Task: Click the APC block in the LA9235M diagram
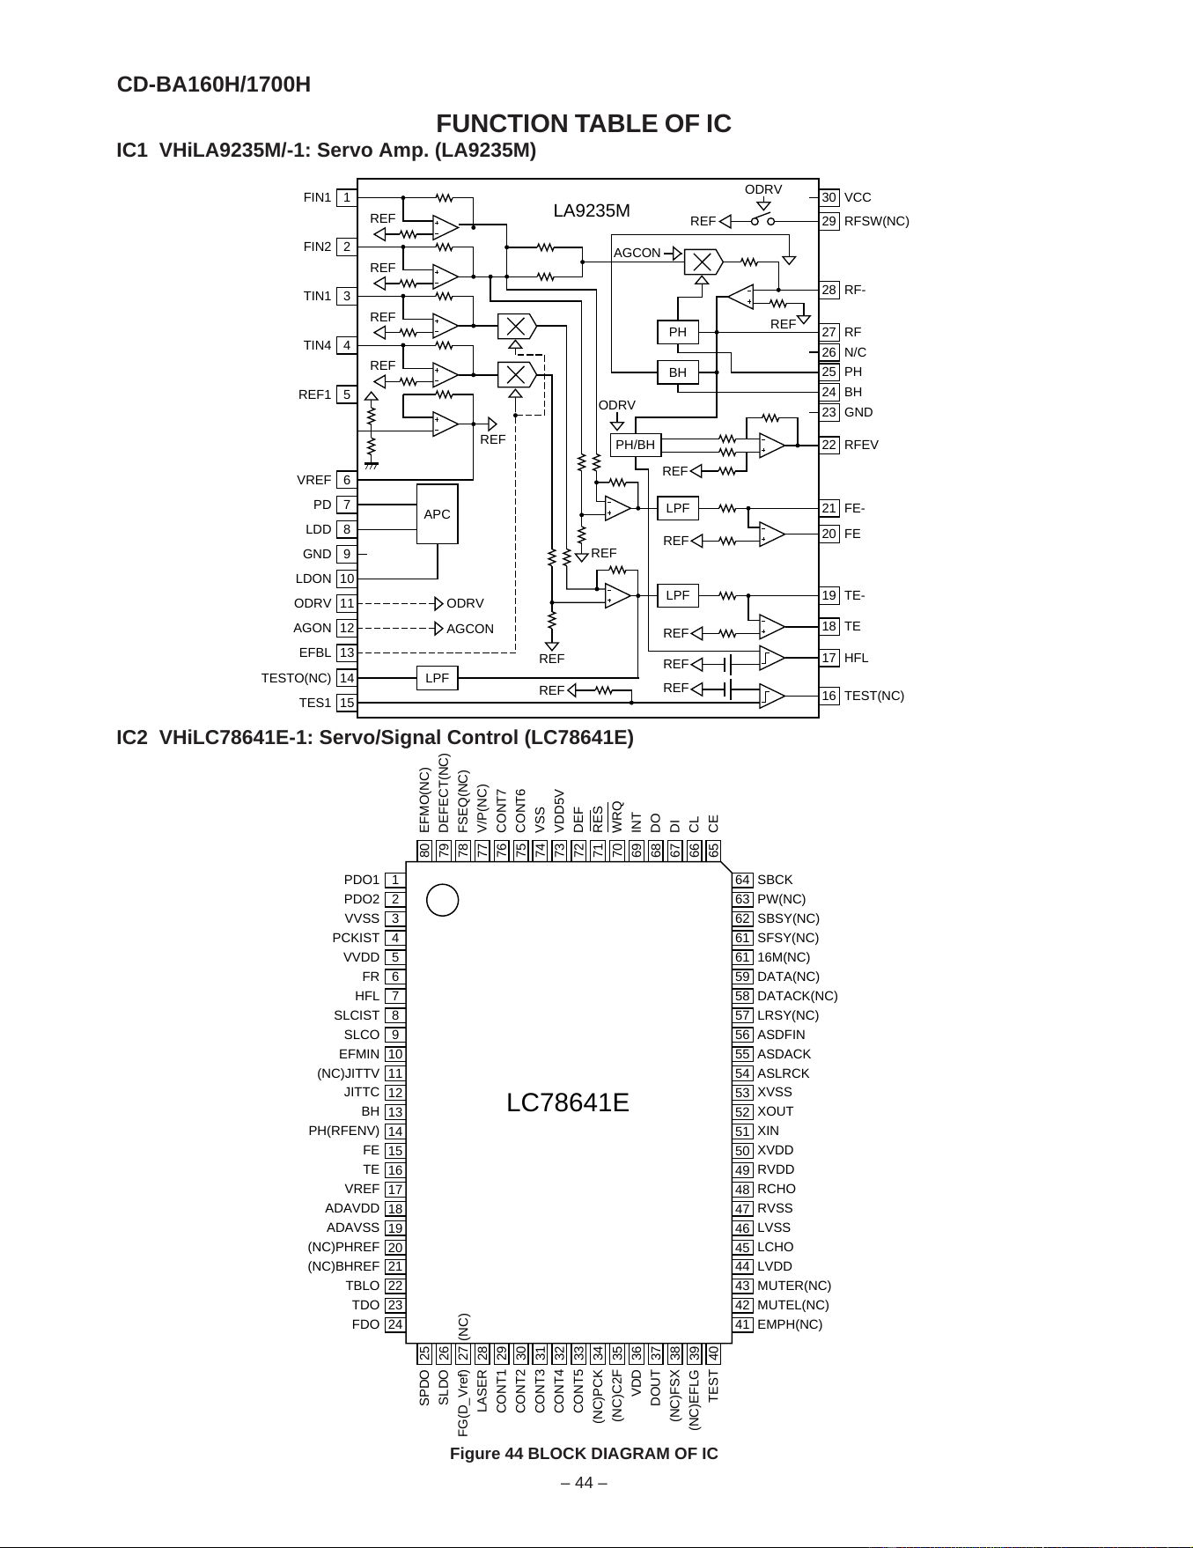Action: tap(437, 514)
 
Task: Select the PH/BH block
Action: tap(635, 445)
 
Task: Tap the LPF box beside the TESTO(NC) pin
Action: tap(437, 678)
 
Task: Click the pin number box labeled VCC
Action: tap(829, 197)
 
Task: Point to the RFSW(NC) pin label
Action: tap(877, 221)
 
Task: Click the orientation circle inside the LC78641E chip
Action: tap(443, 900)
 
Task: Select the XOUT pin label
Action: tap(776, 1111)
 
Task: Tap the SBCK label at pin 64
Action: tap(775, 880)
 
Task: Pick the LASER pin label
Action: tap(482, 1391)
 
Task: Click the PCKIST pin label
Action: tap(356, 938)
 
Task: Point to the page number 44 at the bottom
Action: tap(584, 1483)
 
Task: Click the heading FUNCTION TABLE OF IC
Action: tap(584, 123)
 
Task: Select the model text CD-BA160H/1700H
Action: tap(214, 85)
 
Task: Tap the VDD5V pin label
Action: tap(559, 811)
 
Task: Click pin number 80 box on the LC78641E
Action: tap(424, 851)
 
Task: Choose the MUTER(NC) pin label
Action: tap(794, 1286)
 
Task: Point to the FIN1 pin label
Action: tap(317, 197)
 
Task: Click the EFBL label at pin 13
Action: tap(315, 652)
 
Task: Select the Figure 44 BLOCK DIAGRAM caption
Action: tap(584, 1454)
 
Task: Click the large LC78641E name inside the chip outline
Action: tap(568, 1102)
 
